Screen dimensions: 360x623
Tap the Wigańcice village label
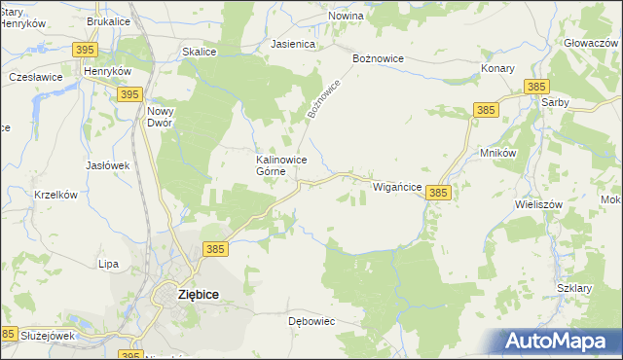click(x=397, y=185)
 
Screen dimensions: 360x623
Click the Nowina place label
click(x=346, y=17)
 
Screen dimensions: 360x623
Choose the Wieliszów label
click(x=538, y=205)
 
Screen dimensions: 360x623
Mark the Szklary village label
click(x=575, y=289)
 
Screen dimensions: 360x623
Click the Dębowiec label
click(x=311, y=319)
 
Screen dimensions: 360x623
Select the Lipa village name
click(x=108, y=264)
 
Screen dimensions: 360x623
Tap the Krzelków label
click(x=55, y=195)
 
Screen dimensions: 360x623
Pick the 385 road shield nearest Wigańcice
click(x=438, y=194)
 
